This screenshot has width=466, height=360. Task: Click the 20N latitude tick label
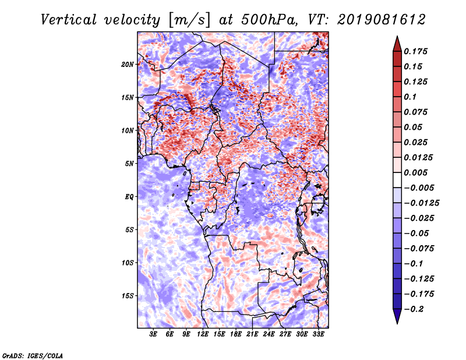(x=128, y=65)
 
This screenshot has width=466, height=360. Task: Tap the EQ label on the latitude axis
(x=129, y=197)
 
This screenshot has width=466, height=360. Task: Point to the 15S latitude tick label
(x=128, y=296)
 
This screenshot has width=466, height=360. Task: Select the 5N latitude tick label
(x=129, y=164)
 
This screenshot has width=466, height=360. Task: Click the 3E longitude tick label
(x=153, y=334)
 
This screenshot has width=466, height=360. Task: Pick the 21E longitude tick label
(x=252, y=334)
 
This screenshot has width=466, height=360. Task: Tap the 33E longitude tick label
(x=318, y=334)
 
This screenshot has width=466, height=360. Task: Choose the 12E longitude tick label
(x=203, y=334)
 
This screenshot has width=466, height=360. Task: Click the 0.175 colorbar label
(x=415, y=51)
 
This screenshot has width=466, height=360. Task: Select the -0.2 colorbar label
(x=414, y=309)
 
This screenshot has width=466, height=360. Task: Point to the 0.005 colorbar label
(x=415, y=172)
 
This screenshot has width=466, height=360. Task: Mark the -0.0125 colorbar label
(x=421, y=203)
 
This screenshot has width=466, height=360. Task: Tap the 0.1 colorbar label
(x=410, y=97)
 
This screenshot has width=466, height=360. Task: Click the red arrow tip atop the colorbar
(x=397, y=37)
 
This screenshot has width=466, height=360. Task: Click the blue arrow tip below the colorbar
(x=397, y=323)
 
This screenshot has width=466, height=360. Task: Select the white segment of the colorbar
(x=397, y=180)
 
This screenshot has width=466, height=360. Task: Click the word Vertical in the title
(x=69, y=20)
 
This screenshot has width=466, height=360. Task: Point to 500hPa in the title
(x=269, y=20)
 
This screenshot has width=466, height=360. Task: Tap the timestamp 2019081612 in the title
(x=382, y=20)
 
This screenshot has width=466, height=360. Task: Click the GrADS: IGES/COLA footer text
(x=33, y=355)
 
